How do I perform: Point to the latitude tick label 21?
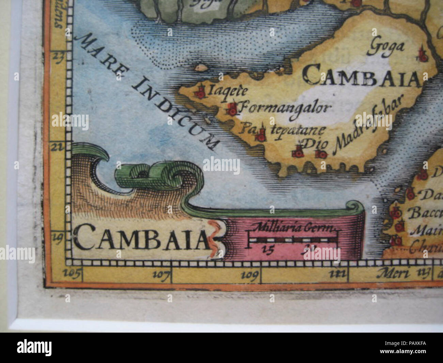point(57,147)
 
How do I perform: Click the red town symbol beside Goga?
point(423,55)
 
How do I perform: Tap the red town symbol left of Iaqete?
point(200,91)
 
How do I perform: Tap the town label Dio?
point(316,144)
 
